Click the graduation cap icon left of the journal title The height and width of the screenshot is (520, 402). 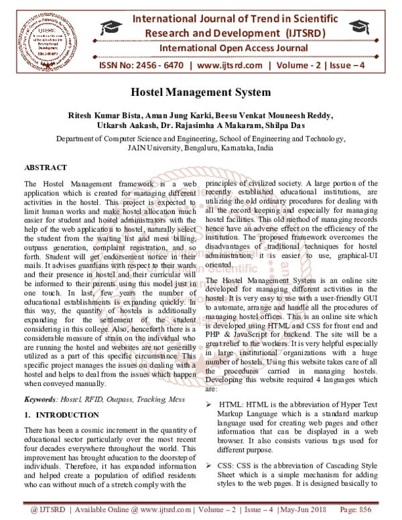point(109,27)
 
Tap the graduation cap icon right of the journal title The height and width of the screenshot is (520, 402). point(346,27)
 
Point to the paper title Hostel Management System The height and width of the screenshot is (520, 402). point(200,92)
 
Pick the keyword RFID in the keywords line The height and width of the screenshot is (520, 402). point(94,399)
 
